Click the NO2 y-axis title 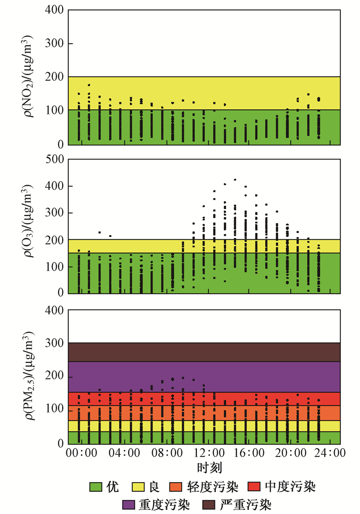pos(30,76)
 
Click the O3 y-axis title pos(30,226)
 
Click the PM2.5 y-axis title pos(30,378)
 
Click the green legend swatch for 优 pos(96,486)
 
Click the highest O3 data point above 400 pos(235,180)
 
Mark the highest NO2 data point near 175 pos(89,85)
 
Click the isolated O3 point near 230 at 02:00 pos(100,232)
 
